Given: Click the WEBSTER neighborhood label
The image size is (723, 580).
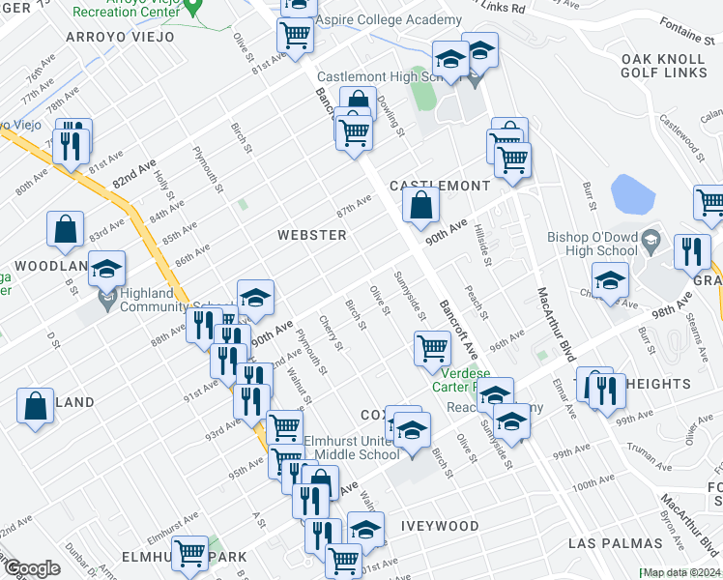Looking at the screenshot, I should (311, 235).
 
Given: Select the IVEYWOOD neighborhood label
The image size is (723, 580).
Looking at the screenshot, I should (440, 526).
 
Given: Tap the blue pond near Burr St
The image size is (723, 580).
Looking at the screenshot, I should (633, 192).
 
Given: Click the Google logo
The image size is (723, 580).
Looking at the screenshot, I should (31, 568).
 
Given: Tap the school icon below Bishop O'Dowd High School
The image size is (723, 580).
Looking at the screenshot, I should (611, 281).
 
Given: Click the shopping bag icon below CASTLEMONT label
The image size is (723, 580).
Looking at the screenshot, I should (420, 205).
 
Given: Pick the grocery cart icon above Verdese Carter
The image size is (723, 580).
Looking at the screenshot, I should (432, 347).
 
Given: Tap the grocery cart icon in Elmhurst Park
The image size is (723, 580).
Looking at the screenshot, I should (191, 554).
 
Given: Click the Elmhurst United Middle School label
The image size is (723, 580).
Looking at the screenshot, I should (350, 447).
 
